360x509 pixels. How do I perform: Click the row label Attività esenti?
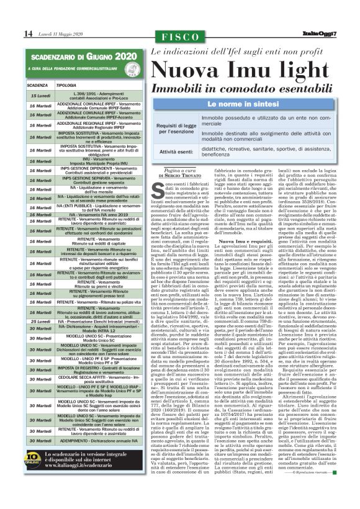click(176, 151)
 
